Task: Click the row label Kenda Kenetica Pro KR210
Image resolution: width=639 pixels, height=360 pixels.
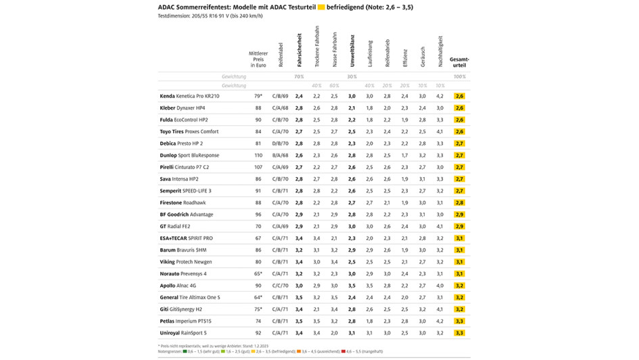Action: pyautogui.click(x=189, y=97)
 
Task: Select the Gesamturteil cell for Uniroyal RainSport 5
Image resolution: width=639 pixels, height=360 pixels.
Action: pyautogui.click(x=459, y=333)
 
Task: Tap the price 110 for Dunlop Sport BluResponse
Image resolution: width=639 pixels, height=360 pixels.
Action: pyautogui.click(x=258, y=156)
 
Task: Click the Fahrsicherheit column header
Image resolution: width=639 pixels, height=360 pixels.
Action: pyautogui.click(x=299, y=50)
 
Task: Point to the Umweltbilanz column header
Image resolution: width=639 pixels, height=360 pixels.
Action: pyautogui.click(x=352, y=50)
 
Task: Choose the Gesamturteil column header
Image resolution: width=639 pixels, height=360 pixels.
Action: pyautogui.click(x=459, y=62)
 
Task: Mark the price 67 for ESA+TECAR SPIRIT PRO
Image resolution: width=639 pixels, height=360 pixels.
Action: pyautogui.click(x=258, y=238)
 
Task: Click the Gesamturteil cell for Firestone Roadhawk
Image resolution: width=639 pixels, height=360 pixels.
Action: pyautogui.click(x=459, y=203)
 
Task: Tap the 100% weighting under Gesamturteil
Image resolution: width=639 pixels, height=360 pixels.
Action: pyautogui.click(x=459, y=77)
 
